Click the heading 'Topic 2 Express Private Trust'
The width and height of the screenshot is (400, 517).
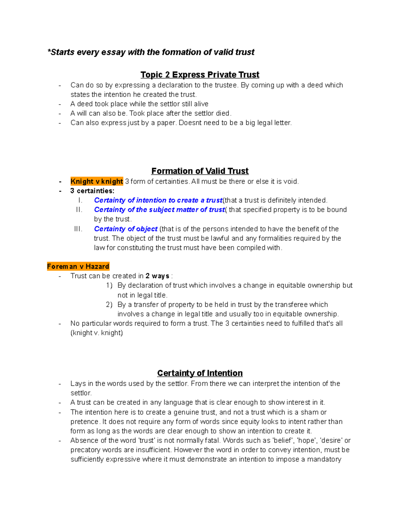[x=200, y=75]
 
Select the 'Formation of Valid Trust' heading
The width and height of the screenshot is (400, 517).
[x=200, y=171]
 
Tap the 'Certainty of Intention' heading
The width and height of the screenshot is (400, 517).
[x=200, y=373]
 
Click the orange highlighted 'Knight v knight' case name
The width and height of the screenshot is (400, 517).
[x=97, y=181]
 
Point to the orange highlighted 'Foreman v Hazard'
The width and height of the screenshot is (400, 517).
[x=78, y=266]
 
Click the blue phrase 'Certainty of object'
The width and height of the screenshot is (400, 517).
[x=126, y=229]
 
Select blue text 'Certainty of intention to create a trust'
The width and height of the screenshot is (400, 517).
[x=158, y=200]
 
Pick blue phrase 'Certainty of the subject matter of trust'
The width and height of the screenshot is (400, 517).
[x=159, y=210]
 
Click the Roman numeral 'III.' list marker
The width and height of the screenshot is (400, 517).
[x=78, y=229]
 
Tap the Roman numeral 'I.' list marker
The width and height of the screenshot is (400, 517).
[x=80, y=200]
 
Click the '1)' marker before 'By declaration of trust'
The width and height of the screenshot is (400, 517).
[x=109, y=286]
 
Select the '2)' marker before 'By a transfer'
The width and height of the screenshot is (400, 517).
[x=109, y=305]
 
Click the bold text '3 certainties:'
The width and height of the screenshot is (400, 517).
[x=92, y=191]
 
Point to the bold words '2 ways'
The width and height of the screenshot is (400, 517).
[x=157, y=276]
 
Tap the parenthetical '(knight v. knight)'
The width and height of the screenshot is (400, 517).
[x=97, y=333]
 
